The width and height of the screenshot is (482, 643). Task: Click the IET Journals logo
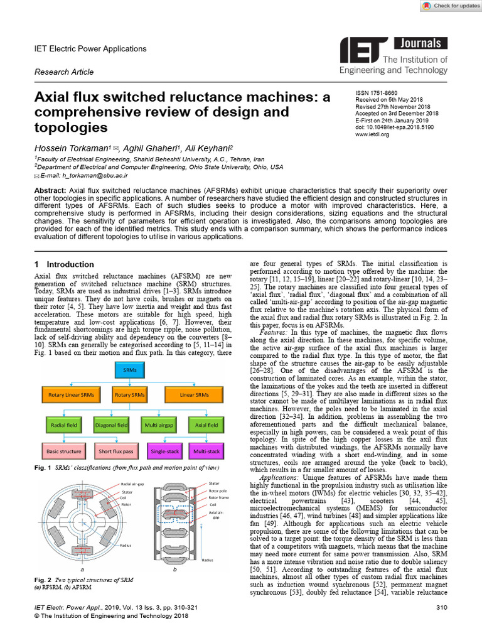(x=394, y=55)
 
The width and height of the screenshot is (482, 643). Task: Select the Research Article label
(x=64, y=72)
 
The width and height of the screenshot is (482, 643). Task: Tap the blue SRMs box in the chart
(x=129, y=370)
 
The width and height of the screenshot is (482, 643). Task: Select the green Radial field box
(x=63, y=425)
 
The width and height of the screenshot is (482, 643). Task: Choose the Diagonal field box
(x=110, y=425)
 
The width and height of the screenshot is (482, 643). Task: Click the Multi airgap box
(x=158, y=425)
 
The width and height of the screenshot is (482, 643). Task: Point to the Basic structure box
(x=63, y=451)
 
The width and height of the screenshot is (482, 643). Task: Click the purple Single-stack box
(x=163, y=451)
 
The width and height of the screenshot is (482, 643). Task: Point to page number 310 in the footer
(x=441, y=608)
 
